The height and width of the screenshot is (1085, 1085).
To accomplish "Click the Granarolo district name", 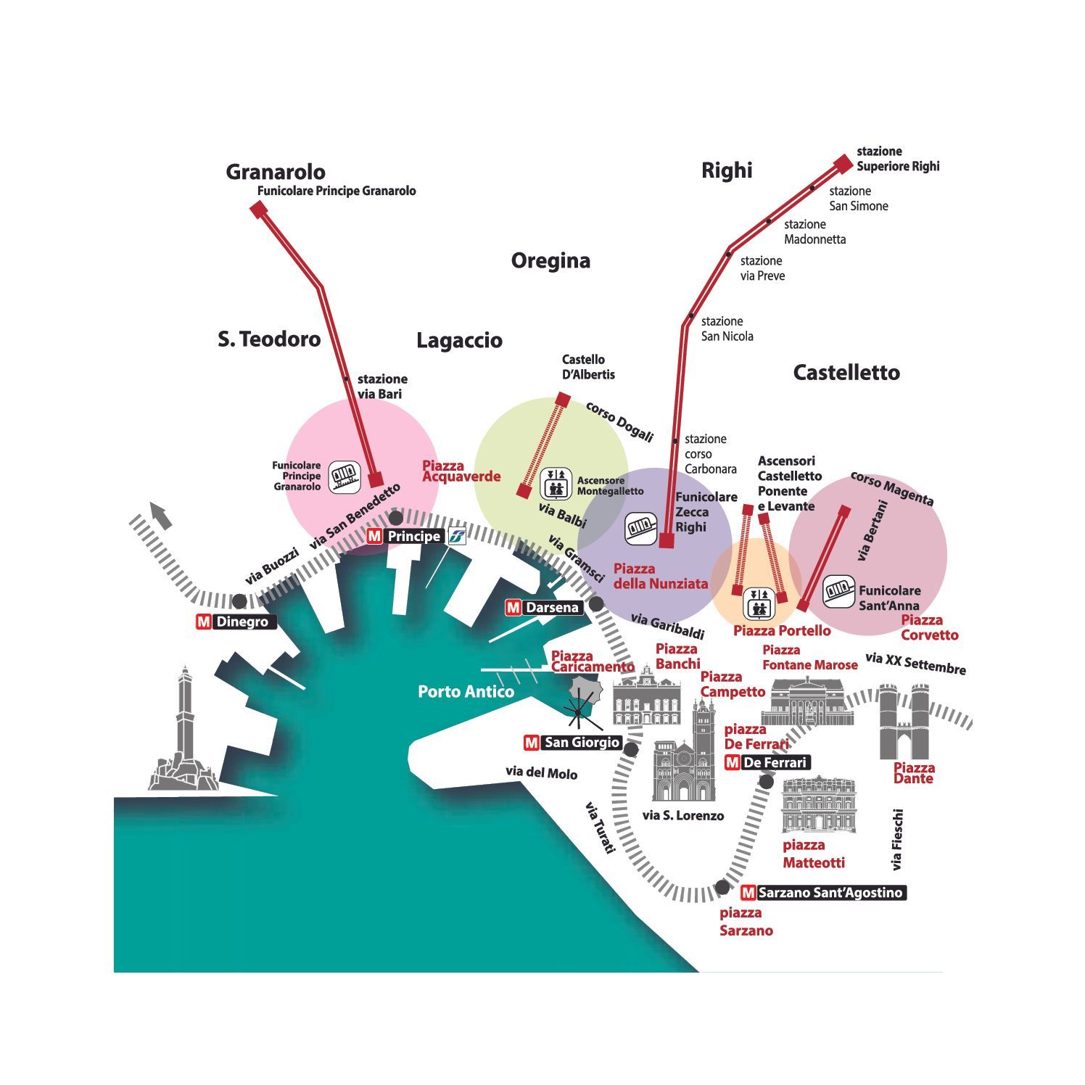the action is click(x=276, y=172).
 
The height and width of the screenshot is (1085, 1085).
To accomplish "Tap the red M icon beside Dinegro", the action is click(x=204, y=622).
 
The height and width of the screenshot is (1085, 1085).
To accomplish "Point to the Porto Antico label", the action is click(x=466, y=692).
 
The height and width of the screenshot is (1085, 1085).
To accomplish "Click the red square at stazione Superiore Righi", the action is click(x=843, y=164).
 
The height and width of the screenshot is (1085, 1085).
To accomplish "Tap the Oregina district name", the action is click(x=550, y=260).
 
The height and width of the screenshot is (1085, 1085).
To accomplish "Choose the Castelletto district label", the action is click(x=846, y=373).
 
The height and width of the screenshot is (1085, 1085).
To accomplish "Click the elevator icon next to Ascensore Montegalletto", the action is click(x=556, y=483).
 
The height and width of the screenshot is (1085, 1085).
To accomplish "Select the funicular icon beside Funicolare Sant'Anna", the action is click(x=838, y=592).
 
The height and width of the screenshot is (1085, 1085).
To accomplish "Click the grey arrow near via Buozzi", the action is click(x=162, y=515).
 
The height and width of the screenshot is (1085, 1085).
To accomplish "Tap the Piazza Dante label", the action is click(x=914, y=773).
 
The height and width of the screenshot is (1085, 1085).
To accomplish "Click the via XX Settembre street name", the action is click(x=915, y=664).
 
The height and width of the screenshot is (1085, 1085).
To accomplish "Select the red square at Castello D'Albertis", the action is click(x=563, y=399).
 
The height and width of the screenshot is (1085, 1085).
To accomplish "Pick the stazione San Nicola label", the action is click(x=727, y=329).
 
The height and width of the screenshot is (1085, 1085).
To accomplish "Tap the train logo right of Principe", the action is click(x=456, y=537).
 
